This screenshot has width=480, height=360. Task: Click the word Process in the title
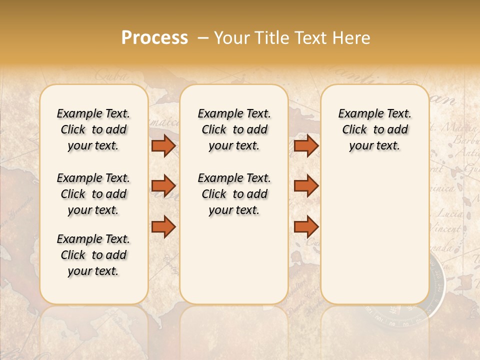154,38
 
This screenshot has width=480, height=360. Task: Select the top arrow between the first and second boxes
163,145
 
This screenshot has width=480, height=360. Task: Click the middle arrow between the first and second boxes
163,186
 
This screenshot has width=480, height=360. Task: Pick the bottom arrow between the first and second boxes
163,226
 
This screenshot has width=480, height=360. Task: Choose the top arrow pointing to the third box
306,145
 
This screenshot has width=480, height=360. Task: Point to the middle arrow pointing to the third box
306,186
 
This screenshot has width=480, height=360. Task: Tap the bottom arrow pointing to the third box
306,226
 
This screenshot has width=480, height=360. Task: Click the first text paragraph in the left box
93,129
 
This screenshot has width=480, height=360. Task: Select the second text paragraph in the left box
93,194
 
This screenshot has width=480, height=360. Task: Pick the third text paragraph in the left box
93,255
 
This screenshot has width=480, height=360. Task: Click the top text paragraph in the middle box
234,129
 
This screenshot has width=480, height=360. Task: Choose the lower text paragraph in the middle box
234,194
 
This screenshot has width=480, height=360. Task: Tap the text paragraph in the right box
374,129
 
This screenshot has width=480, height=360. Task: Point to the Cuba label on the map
110,76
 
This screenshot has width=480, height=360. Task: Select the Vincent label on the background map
445,229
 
